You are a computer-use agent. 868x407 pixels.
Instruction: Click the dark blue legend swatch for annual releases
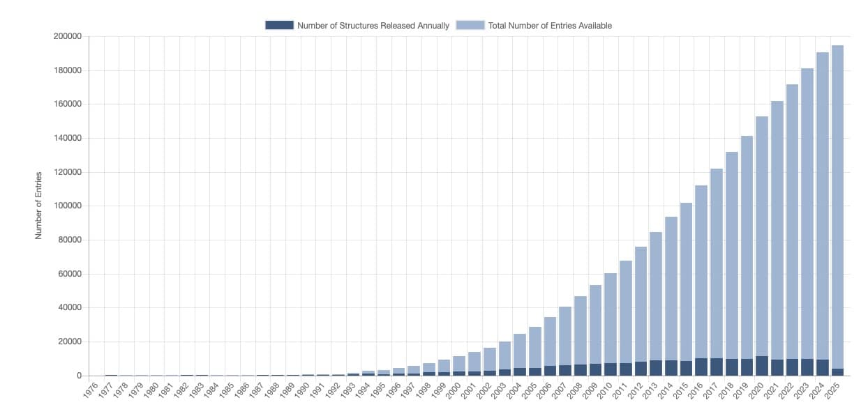pos(279,25)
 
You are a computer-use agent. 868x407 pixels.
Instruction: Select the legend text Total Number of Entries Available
pos(550,26)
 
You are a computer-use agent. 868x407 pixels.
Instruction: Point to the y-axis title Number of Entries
pos(38,206)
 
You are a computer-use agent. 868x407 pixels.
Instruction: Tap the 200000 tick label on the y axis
pos(68,36)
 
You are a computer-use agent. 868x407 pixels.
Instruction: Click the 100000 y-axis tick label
pos(68,206)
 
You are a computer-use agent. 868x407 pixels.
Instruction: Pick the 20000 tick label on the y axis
pos(70,341)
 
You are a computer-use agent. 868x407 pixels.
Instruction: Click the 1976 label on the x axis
pos(90,390)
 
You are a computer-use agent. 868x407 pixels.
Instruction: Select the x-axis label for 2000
pos(453,390)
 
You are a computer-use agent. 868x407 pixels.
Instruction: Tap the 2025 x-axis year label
pos(832,390)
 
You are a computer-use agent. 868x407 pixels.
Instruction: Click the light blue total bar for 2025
pos(837,207)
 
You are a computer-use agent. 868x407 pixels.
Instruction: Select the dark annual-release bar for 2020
pos(762,366)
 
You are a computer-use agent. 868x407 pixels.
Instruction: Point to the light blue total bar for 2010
pos(611,318)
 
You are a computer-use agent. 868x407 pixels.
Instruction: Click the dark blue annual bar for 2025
pos(837,372)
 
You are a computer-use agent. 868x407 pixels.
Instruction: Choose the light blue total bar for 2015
pos(687,282)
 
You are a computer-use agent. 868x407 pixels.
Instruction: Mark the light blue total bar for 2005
pos(535,348)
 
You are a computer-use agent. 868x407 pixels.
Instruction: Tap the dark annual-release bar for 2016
pos(701,367)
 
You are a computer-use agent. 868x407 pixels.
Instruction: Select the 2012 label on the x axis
pos(635,390)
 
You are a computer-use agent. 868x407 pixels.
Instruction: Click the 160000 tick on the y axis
pos(68,104)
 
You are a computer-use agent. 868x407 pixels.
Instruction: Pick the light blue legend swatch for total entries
pos(470,25)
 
